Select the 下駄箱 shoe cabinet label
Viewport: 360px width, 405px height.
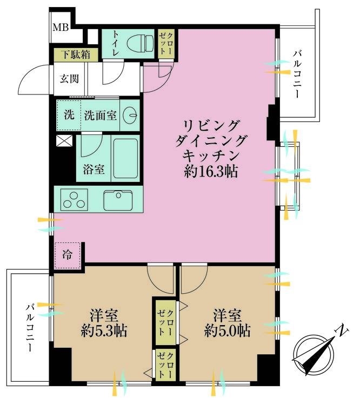coord(75,55)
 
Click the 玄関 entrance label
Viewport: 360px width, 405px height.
coord(69,79)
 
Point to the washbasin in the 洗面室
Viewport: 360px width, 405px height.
coord(130,114)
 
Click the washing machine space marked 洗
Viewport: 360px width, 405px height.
coord(69,114)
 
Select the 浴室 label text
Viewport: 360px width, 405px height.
coord(94,170)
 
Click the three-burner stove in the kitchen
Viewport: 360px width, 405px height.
coord(74,199)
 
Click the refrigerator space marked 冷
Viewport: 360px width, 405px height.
coord(68,252)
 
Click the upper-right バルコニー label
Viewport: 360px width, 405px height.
coord(297,73)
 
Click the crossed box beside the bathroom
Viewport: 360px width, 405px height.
coord(64,142)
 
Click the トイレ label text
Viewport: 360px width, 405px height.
coord(115,42)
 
